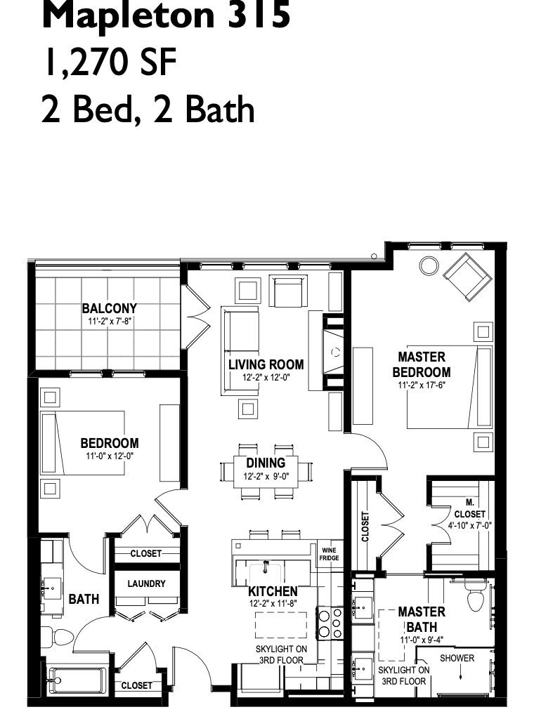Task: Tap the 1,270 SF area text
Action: click(110, 63)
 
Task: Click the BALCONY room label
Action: click(110, 308)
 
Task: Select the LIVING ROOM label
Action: click(266, 364)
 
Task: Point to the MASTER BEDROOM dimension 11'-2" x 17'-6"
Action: click(422, 385)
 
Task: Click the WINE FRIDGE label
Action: click(329, 554)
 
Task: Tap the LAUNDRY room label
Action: click(146, 583)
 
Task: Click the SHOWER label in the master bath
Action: click(457, 658)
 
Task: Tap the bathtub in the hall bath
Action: click(77, 680)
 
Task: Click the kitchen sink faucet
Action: click(266, 566)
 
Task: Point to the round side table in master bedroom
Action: click(429, 265)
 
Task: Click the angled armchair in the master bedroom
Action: click(467, 277)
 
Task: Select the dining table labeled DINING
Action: click(266, 472)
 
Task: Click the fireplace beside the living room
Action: click(334, 352)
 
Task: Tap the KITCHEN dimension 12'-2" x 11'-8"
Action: click(273, 603)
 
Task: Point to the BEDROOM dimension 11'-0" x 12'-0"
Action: click(110, 456)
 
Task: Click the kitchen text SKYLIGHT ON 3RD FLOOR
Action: click(281, 654)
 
